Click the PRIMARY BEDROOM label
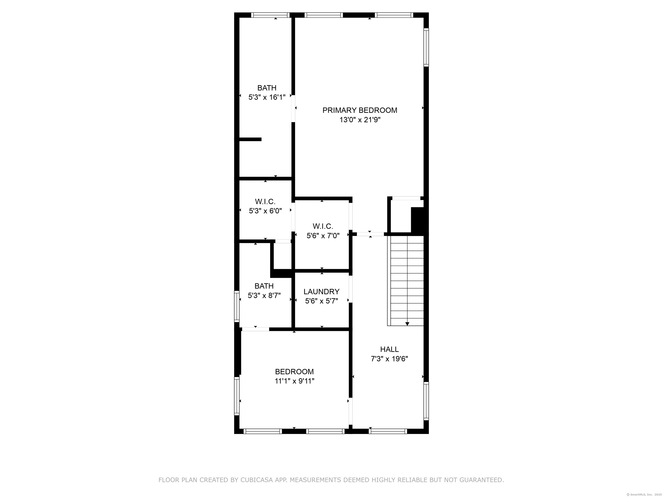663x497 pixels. point(360,110)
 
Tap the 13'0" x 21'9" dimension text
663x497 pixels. point(360,120)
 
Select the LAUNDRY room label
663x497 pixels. point(321,291)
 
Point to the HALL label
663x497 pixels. point(389,349)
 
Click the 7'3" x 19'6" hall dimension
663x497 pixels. point(389,359)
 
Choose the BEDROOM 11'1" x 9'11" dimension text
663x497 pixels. point(294,381)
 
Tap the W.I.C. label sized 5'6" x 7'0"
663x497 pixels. point(323,226)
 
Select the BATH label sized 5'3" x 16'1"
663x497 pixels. point(267,88)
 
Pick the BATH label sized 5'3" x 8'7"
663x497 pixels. point(264,286)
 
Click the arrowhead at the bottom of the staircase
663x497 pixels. point(407,324)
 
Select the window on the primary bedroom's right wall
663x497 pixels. point(426,47)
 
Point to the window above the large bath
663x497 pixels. point(270,15)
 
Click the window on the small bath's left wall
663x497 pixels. point(237,306)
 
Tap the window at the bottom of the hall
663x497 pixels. point(388,431)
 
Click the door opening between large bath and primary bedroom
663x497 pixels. point(294,109)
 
